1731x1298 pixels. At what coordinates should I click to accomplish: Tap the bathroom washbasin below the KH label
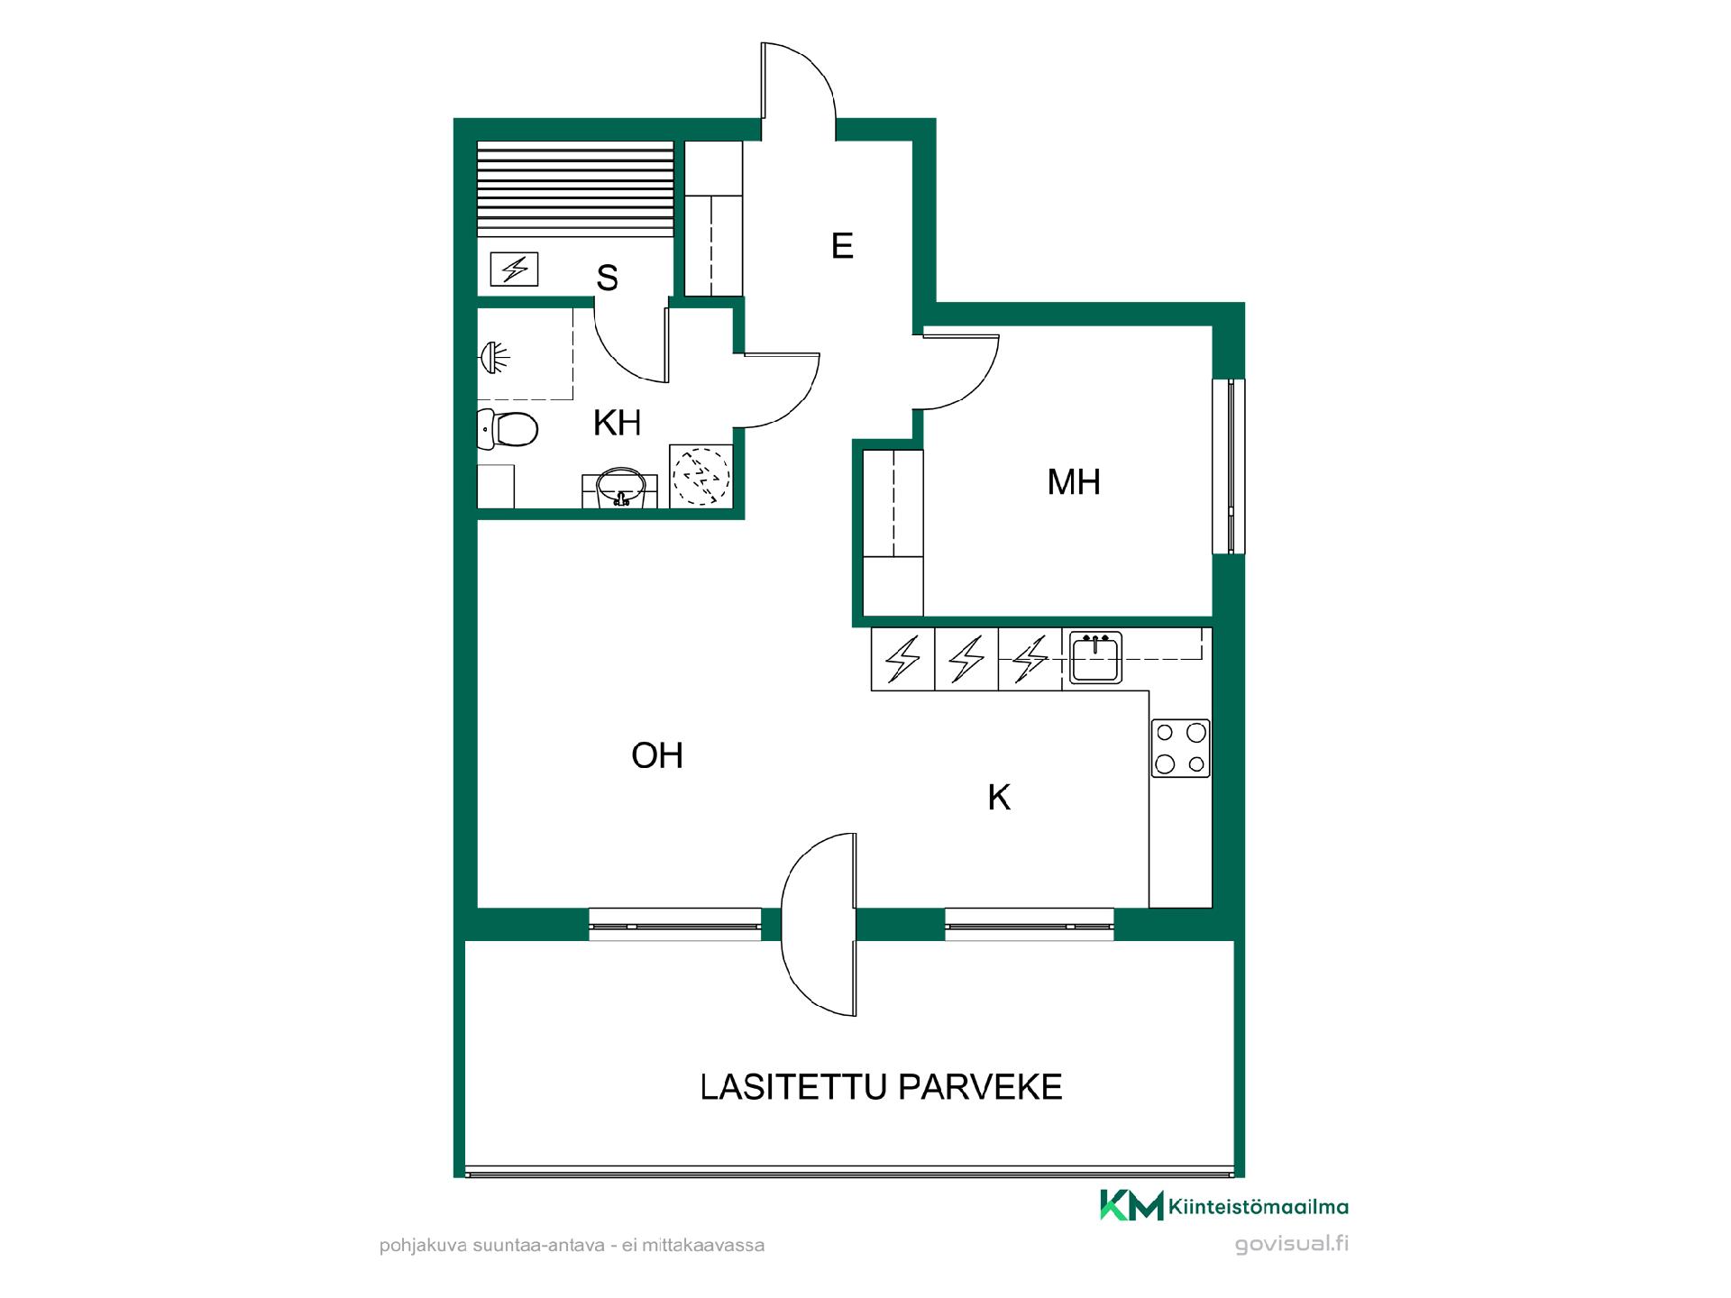[621, 487]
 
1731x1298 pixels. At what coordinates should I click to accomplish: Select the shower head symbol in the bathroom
[492, 358]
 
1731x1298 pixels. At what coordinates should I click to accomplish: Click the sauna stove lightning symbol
[515, 269]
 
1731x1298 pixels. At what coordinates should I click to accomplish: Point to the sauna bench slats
[574, 189]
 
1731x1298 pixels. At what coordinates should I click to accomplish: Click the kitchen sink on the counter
[1095, 657]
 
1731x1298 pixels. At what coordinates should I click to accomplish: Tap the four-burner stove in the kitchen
[1181, 748]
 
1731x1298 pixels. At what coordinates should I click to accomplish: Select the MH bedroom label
[1074, 482]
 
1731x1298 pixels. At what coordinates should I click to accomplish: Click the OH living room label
[657, 755]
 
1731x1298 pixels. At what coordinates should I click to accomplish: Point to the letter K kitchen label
[999, 798]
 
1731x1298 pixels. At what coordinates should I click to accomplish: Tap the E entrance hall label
[842, 246]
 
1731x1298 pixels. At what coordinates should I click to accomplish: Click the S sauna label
[607, 279]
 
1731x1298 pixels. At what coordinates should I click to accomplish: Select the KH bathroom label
[618, 423]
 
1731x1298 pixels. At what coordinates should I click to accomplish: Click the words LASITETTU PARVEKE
[882, 1087]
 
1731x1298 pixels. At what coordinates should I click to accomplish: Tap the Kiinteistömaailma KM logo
[1223, 1205]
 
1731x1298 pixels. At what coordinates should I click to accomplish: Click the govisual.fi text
[1292, 1244]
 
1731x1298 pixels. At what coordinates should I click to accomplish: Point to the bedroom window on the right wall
[1229, 466]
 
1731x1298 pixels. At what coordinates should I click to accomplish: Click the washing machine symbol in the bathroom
[701, 476]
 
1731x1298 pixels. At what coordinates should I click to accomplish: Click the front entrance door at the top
[800, 81]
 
